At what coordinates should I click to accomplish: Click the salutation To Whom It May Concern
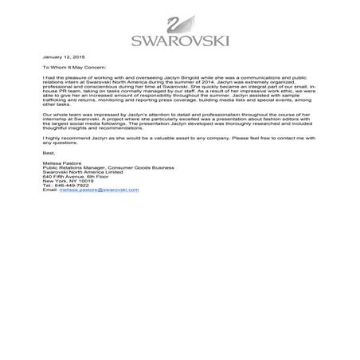(x=78, y=69)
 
